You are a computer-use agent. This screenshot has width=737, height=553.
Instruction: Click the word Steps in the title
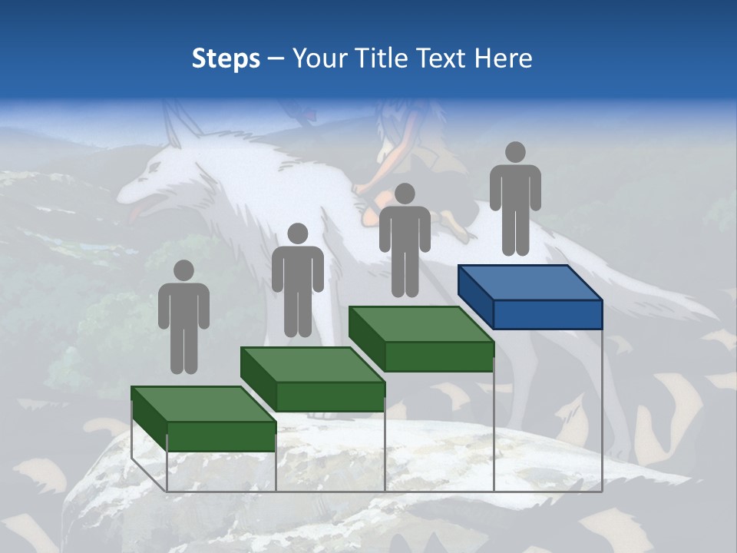click(226, 58)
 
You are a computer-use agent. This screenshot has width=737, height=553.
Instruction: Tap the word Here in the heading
click(503, 58)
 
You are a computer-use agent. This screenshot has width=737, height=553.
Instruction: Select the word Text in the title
click(444, 58)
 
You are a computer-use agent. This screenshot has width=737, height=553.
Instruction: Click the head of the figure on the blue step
click(515, 152)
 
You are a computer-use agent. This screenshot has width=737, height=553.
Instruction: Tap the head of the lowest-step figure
click(183, 270)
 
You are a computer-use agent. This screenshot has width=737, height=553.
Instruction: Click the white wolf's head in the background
click(154, 180)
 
